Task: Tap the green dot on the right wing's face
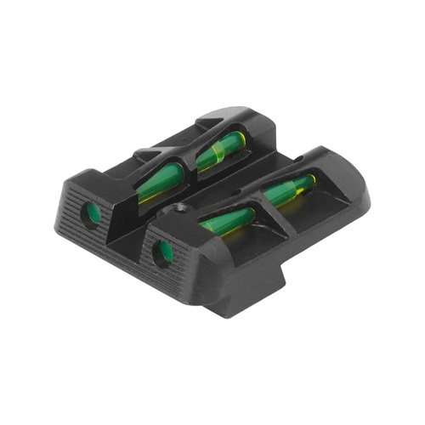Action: (161, 250)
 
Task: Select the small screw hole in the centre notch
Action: (179, 205)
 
